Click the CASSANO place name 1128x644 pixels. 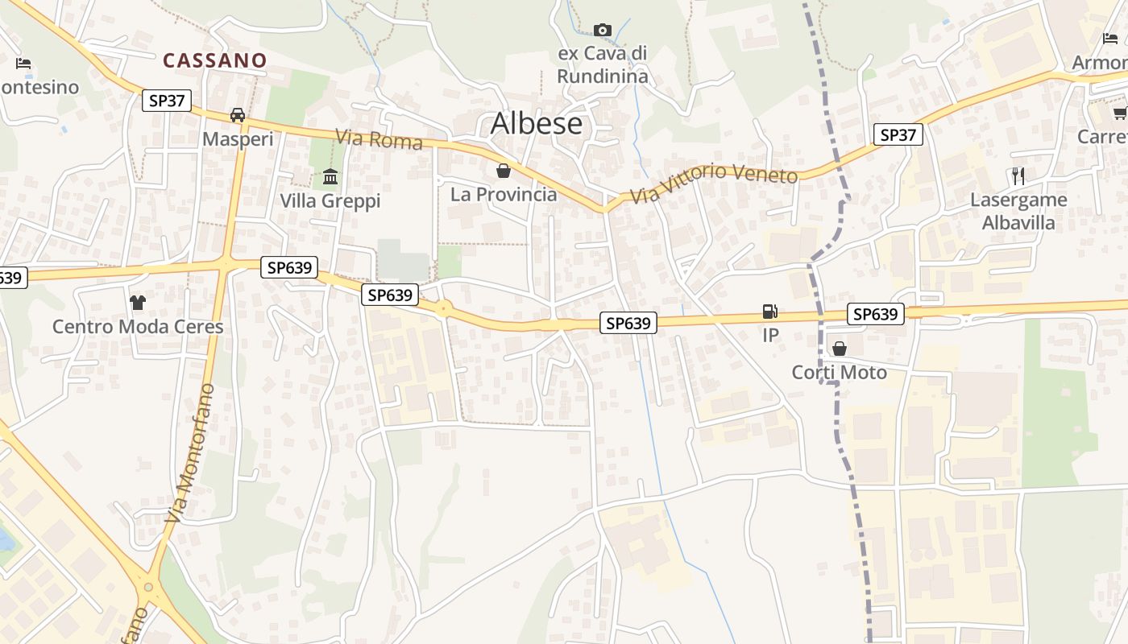(214, 60)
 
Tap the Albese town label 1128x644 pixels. (536, 123)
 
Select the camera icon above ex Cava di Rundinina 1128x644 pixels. (602, 31)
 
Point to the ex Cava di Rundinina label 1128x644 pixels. (603, 65)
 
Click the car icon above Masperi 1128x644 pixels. (238, 115)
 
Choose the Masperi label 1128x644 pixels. (238, 139)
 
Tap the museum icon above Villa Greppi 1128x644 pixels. (330, 176)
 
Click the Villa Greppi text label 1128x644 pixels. (330, 200)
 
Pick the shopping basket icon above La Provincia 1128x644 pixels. (504, 171)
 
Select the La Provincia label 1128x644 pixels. (504, 194)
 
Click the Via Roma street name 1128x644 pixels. (379, 139)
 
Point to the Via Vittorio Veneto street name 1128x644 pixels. (714, 183)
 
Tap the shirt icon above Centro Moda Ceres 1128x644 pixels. (138, 303)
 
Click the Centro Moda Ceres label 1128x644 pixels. (138, 327)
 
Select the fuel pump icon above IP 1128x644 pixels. (770, 312)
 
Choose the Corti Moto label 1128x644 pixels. (840, 372)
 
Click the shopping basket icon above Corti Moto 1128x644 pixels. (840, 349)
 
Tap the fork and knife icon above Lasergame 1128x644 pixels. (1018, 176)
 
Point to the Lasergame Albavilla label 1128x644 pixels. (1018, 211)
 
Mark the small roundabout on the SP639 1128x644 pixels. (442, 309)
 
